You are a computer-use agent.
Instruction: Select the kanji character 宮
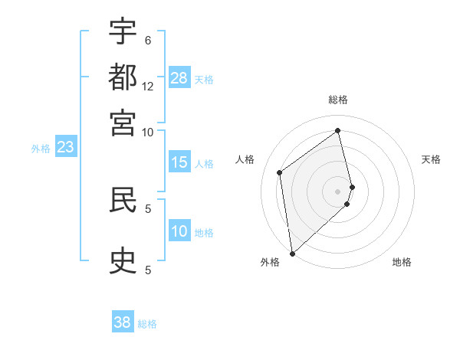pyautogui.click(x=123, y=123)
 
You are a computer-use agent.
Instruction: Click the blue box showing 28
pyautogui.click(x=179, y=78)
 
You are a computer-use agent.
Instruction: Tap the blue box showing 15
pyautogui.click(x=179, y=162)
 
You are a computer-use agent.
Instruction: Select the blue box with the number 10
pyautogui.click(x=179, y=232)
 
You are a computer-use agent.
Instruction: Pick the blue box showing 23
pyautogui.click(x=65, y=148)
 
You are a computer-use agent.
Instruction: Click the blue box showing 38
pyautogui.click(x=123, y=322)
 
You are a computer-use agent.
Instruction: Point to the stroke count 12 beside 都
pyautogui.click(x=148, y=86)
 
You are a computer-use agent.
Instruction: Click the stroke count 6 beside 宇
pyautogui.click(x=148, y=40)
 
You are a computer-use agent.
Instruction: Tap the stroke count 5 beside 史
pyautogui.click(x=148, y=270)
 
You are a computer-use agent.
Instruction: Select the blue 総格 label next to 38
pyautogui.click(x=147, y=324)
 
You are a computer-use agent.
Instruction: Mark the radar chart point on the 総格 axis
pyautogui.click(x=338, y=130)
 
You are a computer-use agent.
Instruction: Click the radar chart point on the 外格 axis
pyautogui.click(x=292, y=253)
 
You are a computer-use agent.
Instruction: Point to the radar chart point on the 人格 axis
pyautogui.click(x=280, y=172)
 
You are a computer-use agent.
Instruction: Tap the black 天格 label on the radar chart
pyautogui.click(x=431, y=159)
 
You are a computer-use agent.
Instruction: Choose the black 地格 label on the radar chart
pyautogui.click(x=402, y=262)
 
